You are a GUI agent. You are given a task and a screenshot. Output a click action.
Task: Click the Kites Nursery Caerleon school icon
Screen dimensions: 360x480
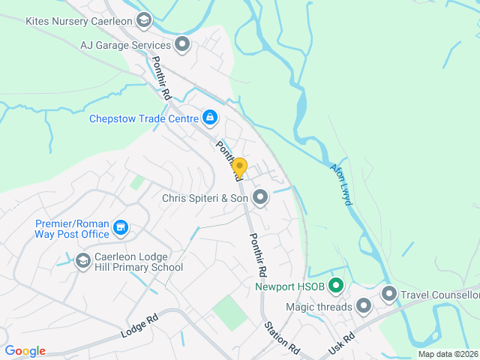tap(145, 19)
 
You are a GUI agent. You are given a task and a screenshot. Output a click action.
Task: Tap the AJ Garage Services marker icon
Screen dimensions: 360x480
tap(182, 45)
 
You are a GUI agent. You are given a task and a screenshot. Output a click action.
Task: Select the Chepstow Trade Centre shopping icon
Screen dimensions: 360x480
tap(211, 118)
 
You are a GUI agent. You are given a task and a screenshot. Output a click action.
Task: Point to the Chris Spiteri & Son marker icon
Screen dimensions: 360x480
tap(260, 198)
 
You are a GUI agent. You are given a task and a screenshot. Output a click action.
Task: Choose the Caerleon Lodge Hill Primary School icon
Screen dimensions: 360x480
tap(83, 260)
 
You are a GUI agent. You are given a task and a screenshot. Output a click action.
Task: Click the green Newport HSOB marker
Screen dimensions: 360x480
tap(337, 286)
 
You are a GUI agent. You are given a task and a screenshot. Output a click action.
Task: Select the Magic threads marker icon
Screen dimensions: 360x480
tap(364, 306)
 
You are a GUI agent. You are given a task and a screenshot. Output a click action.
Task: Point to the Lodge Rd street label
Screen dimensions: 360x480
tap(142, 324)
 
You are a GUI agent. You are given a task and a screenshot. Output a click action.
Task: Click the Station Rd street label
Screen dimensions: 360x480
tap(281, 337)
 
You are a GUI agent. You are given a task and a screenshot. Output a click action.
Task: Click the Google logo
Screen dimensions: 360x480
tap(25, 351)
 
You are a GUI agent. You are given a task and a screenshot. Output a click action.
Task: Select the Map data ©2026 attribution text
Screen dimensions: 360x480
tap(447, 354)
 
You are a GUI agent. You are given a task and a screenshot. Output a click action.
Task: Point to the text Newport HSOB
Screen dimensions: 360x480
tap(290, 286)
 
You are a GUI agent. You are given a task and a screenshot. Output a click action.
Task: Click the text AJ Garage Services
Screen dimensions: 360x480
tap(124, 45)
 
